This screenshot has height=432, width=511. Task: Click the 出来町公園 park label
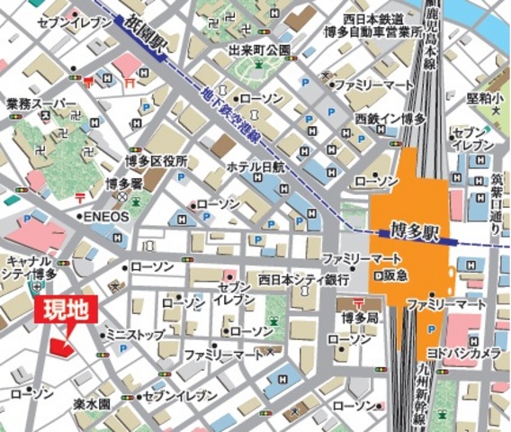259,49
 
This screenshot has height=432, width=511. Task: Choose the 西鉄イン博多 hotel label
390,118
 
